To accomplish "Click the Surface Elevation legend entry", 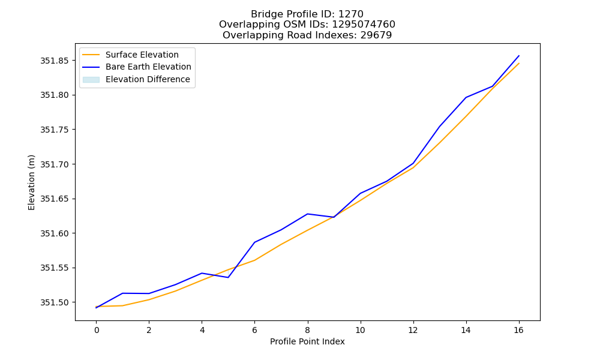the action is coord(130,55).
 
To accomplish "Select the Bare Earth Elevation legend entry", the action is coord(137,67).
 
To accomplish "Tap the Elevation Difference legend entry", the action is coord(136,79).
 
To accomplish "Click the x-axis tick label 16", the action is coord(518,330).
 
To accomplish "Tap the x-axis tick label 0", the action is coord(97,330).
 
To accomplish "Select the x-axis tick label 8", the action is coord(307,330).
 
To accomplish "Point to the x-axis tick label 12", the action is coord(413,330).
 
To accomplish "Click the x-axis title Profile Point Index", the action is coord(307,341).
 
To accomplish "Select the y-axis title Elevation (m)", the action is coord(31,182).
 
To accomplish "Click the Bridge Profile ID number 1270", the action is coord(351,14).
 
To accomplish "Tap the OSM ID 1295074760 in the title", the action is coord(364,25).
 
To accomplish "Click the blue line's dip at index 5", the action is coord(228,277).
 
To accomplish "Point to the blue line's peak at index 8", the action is coord(307,214).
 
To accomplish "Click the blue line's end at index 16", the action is coord(519,56).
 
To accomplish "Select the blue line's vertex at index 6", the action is coord(254,242).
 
